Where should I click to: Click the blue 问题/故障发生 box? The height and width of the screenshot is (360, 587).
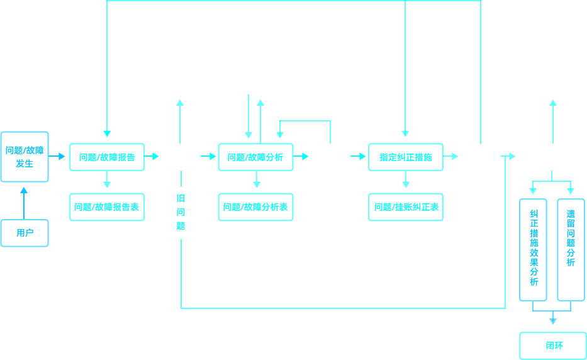25,156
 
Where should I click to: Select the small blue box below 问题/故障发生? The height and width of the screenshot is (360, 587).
25,233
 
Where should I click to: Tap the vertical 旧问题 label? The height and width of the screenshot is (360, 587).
181,212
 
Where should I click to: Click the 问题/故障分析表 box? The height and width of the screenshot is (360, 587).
255,207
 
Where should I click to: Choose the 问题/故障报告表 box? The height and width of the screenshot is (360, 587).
107,207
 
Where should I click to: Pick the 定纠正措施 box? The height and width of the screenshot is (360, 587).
406,157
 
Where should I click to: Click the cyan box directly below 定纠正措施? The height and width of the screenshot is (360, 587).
406,207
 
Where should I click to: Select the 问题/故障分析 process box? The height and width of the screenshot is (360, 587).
255,157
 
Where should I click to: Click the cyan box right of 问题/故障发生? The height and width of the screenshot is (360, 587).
107,157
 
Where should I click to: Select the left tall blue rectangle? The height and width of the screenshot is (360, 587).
533,249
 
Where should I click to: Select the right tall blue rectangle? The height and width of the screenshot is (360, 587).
571,249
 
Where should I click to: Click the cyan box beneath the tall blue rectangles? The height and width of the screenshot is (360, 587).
552,346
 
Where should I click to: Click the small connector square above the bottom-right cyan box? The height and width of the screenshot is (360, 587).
553,321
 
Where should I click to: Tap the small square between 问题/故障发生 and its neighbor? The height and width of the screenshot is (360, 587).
62,156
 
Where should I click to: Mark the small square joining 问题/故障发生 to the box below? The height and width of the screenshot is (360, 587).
24,190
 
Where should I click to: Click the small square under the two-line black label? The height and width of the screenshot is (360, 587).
180,103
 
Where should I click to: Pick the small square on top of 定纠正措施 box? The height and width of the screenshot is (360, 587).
405,133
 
